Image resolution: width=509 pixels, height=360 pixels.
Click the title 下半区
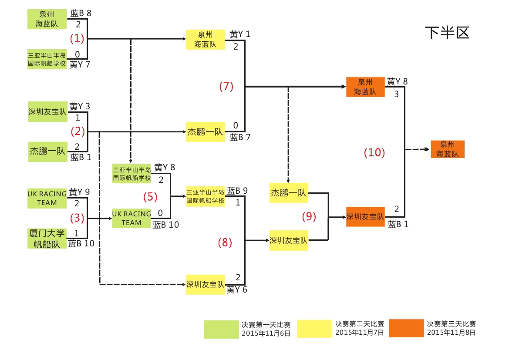447,33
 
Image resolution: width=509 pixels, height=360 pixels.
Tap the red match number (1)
77,38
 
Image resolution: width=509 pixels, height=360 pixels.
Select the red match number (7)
226,86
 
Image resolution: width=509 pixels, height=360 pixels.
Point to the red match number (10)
374,152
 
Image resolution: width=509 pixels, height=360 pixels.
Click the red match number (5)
150,197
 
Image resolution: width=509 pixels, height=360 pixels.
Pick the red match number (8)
225,242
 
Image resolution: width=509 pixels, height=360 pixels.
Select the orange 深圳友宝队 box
365,217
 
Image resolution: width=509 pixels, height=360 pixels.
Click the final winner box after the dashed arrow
447,149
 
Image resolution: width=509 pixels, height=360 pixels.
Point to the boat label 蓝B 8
81,13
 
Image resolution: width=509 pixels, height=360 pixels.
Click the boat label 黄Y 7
80,64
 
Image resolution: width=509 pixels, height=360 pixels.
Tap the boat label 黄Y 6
237,289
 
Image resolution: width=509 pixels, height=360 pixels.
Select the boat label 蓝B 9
237,191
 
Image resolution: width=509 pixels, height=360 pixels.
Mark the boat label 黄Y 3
80,107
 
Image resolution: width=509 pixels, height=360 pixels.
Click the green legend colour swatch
221,329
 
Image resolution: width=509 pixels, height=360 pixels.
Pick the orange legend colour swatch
406,328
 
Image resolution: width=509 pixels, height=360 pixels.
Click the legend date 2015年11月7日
360,333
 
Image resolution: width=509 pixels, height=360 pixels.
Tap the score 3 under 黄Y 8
396,94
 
